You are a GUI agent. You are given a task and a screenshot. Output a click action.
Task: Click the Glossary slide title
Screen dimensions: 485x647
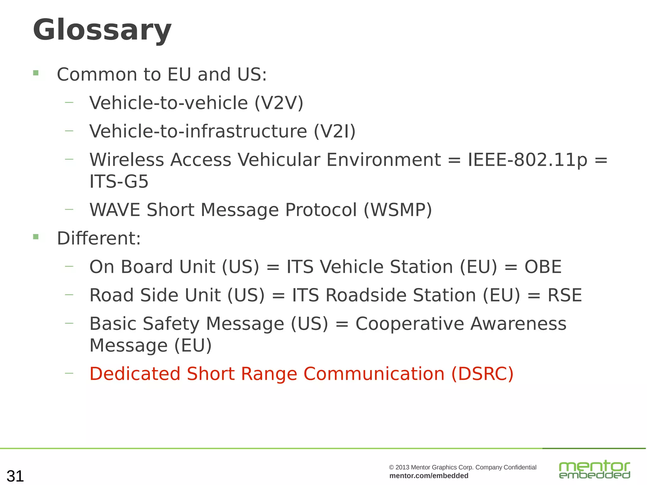point(102,30)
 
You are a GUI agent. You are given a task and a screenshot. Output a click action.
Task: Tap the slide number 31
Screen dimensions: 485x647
point(15,476)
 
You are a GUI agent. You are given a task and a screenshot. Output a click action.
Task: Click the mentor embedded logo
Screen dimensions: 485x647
point(594,469)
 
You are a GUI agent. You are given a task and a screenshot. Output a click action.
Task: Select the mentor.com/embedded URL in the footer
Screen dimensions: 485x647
point(429,476)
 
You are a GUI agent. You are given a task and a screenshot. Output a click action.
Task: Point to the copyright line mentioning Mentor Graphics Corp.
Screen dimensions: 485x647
point(463,467)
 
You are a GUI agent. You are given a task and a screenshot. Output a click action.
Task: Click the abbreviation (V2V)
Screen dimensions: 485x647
point(279,103)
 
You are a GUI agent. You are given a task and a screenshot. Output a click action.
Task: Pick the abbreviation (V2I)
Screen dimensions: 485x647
point(335,131)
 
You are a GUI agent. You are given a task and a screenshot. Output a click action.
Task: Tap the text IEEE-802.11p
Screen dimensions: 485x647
point(527,159)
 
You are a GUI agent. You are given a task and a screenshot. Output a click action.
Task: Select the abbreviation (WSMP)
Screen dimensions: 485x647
point(398,210)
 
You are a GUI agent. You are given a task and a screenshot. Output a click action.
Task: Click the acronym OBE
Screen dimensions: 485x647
point(543,267)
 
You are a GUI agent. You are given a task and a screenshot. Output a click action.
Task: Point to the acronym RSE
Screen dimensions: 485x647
point(565,295)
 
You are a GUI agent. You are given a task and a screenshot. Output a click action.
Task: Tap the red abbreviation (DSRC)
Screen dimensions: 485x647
point(482,374)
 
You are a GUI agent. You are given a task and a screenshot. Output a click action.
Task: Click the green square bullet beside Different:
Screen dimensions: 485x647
point(36,237)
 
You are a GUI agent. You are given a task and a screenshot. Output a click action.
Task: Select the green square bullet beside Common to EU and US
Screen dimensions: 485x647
point(36,73)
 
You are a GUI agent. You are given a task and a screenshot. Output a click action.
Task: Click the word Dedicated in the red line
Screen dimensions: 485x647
point(135,374)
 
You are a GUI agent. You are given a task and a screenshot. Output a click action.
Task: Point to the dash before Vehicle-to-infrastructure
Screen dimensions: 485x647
point(69,131)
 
